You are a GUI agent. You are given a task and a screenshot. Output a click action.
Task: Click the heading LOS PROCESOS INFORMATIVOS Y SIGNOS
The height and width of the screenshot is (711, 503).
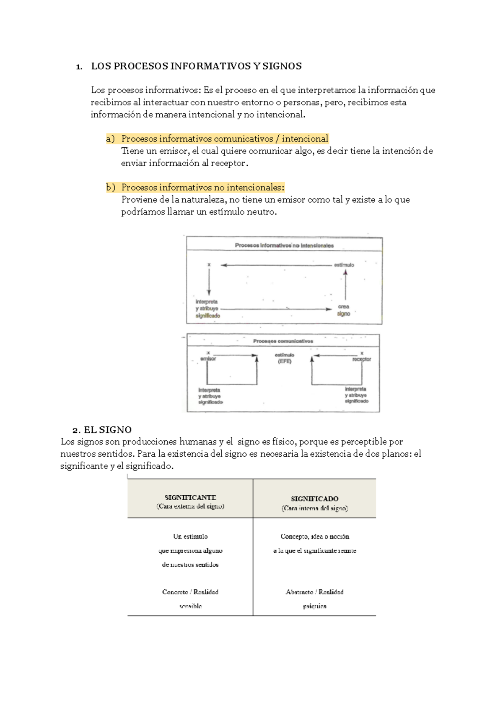pos(196,66)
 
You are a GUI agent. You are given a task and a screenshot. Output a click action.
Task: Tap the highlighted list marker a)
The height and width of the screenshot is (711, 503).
pos(110,139)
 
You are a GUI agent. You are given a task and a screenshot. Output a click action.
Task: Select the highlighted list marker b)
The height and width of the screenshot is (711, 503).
pos(111,188)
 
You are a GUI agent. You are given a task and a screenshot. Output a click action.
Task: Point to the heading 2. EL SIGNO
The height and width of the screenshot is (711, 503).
pos(102,430)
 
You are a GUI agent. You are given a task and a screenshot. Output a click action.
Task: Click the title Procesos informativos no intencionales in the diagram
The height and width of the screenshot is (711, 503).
pos(284,246)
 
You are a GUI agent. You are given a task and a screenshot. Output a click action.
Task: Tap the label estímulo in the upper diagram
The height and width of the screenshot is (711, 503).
pos(344,265)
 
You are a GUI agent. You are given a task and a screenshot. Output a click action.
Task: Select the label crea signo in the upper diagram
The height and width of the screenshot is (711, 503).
pos(344,310)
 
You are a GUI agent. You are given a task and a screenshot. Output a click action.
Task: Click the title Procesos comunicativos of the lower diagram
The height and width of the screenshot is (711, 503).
pos(283,341)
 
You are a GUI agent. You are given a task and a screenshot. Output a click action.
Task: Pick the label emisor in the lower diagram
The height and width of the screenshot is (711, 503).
pos(208,359)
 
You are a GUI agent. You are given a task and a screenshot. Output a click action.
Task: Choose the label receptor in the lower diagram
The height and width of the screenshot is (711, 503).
pos(361,359)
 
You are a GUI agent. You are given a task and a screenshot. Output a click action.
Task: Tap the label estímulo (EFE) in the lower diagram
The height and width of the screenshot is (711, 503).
pos(285,358)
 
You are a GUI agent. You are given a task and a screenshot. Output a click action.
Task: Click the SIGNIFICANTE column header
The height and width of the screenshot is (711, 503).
pos(190,498)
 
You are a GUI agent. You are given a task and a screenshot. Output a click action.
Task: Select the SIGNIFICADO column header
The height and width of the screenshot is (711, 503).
pos(314,499)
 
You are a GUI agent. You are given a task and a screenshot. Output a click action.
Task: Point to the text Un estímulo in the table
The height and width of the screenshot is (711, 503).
pos(190,536)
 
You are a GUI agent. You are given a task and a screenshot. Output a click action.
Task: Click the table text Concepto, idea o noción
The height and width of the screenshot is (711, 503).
pos(315,536)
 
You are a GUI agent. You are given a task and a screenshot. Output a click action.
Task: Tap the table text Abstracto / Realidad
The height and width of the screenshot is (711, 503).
pos(315,592)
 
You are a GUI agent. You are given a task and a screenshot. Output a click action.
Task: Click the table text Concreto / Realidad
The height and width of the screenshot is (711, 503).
pos(190,592)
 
